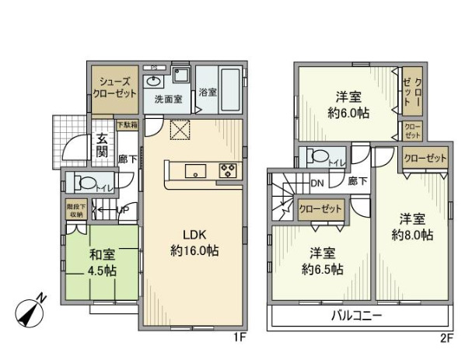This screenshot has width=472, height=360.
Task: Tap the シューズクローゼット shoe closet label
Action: coord(116,86)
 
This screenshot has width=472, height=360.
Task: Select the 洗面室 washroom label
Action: coord(167,100)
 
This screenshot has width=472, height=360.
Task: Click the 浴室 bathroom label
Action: coord(208,92)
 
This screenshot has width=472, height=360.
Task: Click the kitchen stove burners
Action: coord(229,171)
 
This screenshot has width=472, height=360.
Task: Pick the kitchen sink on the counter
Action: coord(194,171)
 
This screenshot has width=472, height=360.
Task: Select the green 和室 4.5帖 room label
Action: coord(101,264)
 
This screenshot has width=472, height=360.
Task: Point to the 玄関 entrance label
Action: coord(103,146)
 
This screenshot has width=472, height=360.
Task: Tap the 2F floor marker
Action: coord(446,338)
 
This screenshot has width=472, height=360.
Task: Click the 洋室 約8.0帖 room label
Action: coord(416,226)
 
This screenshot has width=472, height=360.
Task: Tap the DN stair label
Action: coord(317,183)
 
